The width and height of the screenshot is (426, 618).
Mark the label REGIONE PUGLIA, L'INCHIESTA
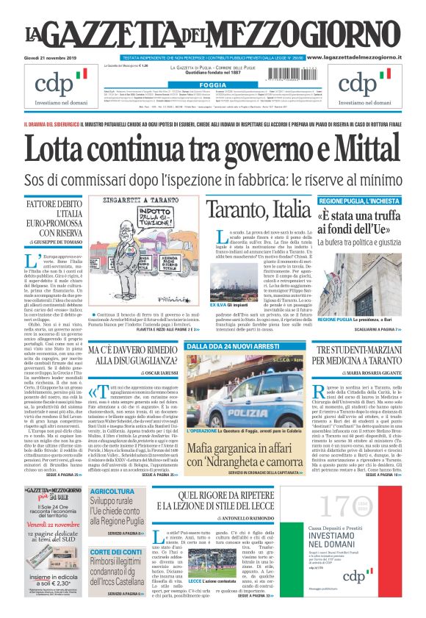[x=358, y=201]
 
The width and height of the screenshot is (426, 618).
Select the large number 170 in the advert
[x=344, y=506]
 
